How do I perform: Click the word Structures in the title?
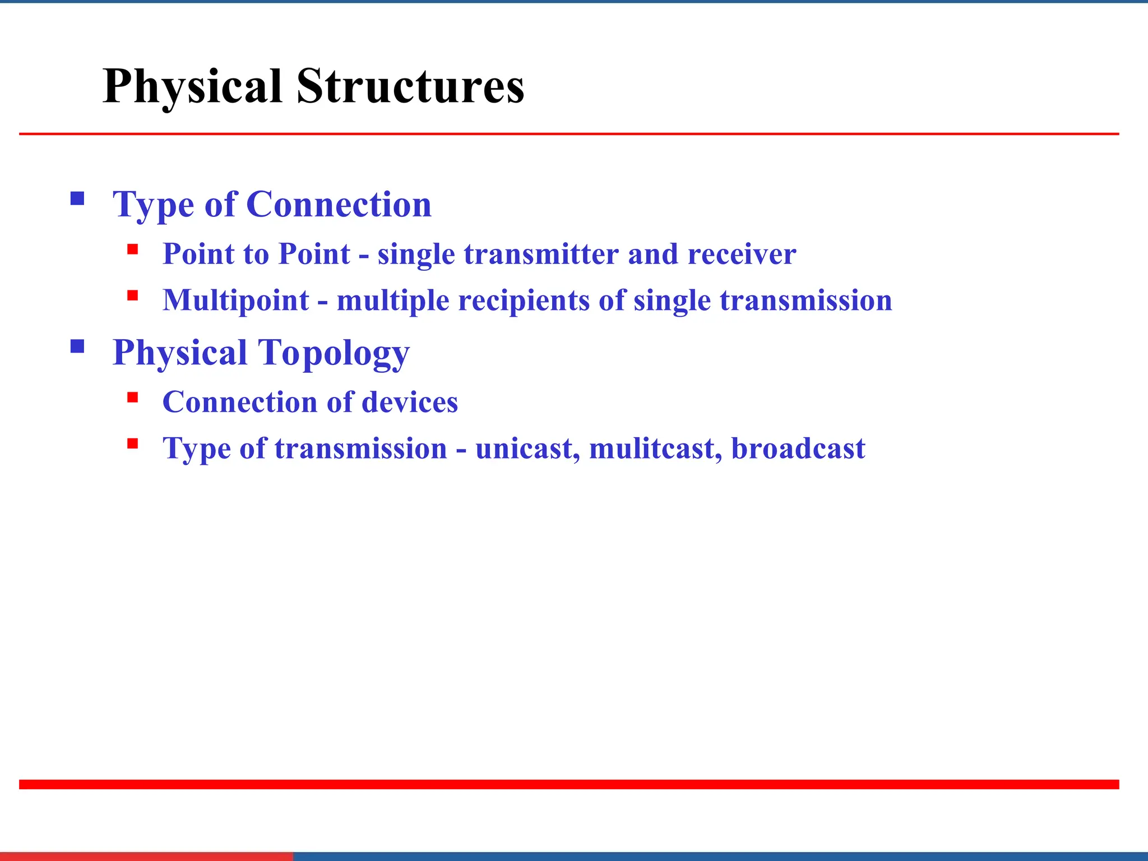coord(410,87)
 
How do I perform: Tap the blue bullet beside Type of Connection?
coord(77,198)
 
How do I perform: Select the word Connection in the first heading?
coord(339,204)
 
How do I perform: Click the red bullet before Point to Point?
coord(133,249)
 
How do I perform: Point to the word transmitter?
coord(541,254)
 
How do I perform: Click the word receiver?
coord(741,254)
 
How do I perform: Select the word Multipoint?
coord(235,300)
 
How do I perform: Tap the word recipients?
coord(524,300)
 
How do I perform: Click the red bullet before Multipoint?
coord(133,295)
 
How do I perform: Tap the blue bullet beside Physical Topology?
coord(77,346)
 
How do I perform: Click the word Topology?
coord(334,353)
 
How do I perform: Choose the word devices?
coord(410,402)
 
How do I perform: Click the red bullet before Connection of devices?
coord(133,397)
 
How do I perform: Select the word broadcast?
coord(798,448)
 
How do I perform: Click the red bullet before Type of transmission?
coord(133,444)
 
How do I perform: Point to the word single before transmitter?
coord(415,255)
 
